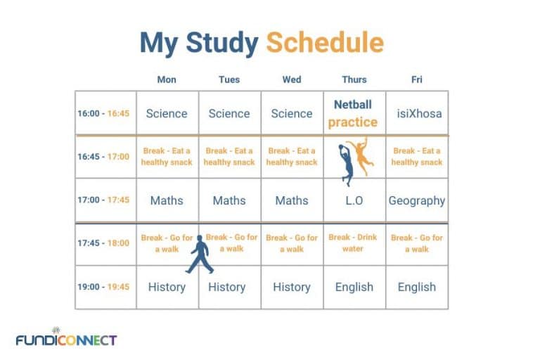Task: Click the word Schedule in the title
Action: coord(325,44)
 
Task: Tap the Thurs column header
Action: coord(354,79)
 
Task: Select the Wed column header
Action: coord(292,79)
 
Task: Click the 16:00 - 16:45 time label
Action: coord(103,113)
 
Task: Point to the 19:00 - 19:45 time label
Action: coord(103,287)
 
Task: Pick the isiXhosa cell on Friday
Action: coord(417,113)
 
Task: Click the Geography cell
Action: coord(417,200)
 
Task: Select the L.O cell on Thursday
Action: coord(354,200)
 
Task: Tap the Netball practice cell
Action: coord(353,113)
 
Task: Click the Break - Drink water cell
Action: coord(353,243)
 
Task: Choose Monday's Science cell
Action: coord(167,113)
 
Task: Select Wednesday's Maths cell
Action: coord(292,200)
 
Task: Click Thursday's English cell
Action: coord(354,287)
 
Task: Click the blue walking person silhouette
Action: coord(199,255)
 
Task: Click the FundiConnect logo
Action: coord(66,339)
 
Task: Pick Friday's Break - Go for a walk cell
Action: coord(417,243)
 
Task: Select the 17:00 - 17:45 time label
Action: coord(103,200)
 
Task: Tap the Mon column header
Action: coord(167,79)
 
